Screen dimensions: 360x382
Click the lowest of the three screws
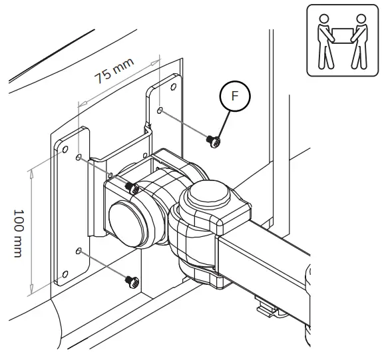[x=131, y=281]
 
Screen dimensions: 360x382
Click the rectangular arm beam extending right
[x=273, y=266]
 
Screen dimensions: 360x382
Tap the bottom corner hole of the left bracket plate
[x=65, y=274]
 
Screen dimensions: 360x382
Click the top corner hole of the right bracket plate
[x=172, y=87]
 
